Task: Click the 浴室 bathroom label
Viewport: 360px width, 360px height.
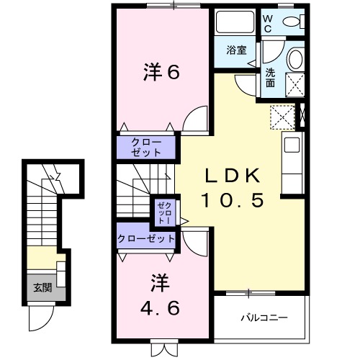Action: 235,50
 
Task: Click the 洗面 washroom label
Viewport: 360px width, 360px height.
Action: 270,77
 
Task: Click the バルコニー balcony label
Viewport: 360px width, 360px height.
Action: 264,316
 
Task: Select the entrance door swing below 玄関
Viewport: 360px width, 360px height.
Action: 41,315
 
